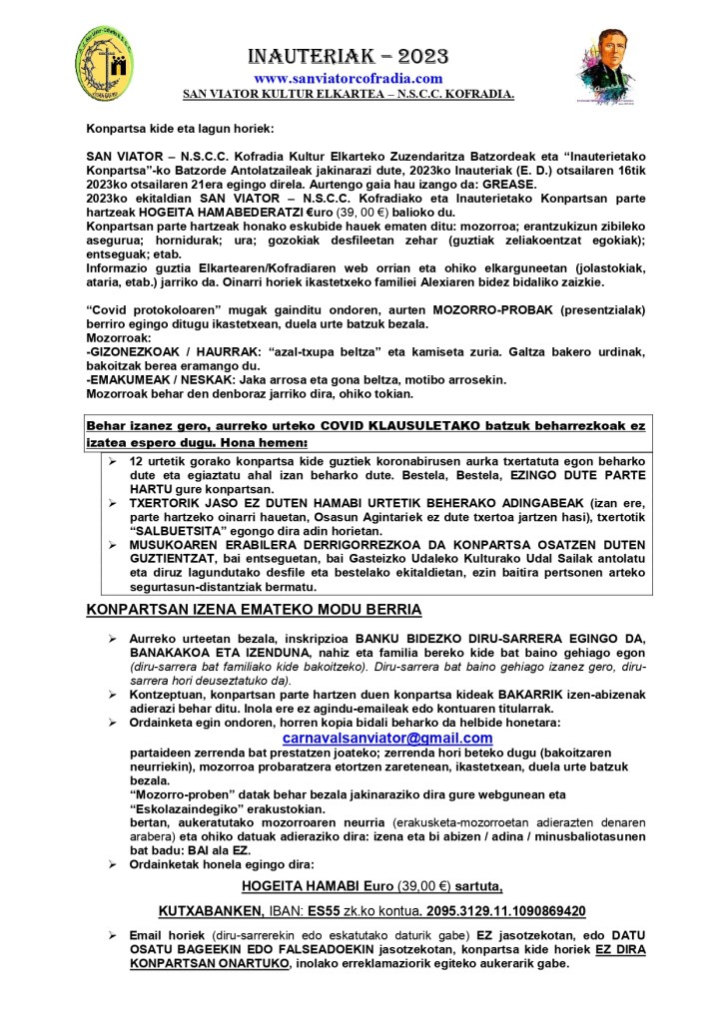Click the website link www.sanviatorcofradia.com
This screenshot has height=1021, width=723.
click(348, 78)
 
